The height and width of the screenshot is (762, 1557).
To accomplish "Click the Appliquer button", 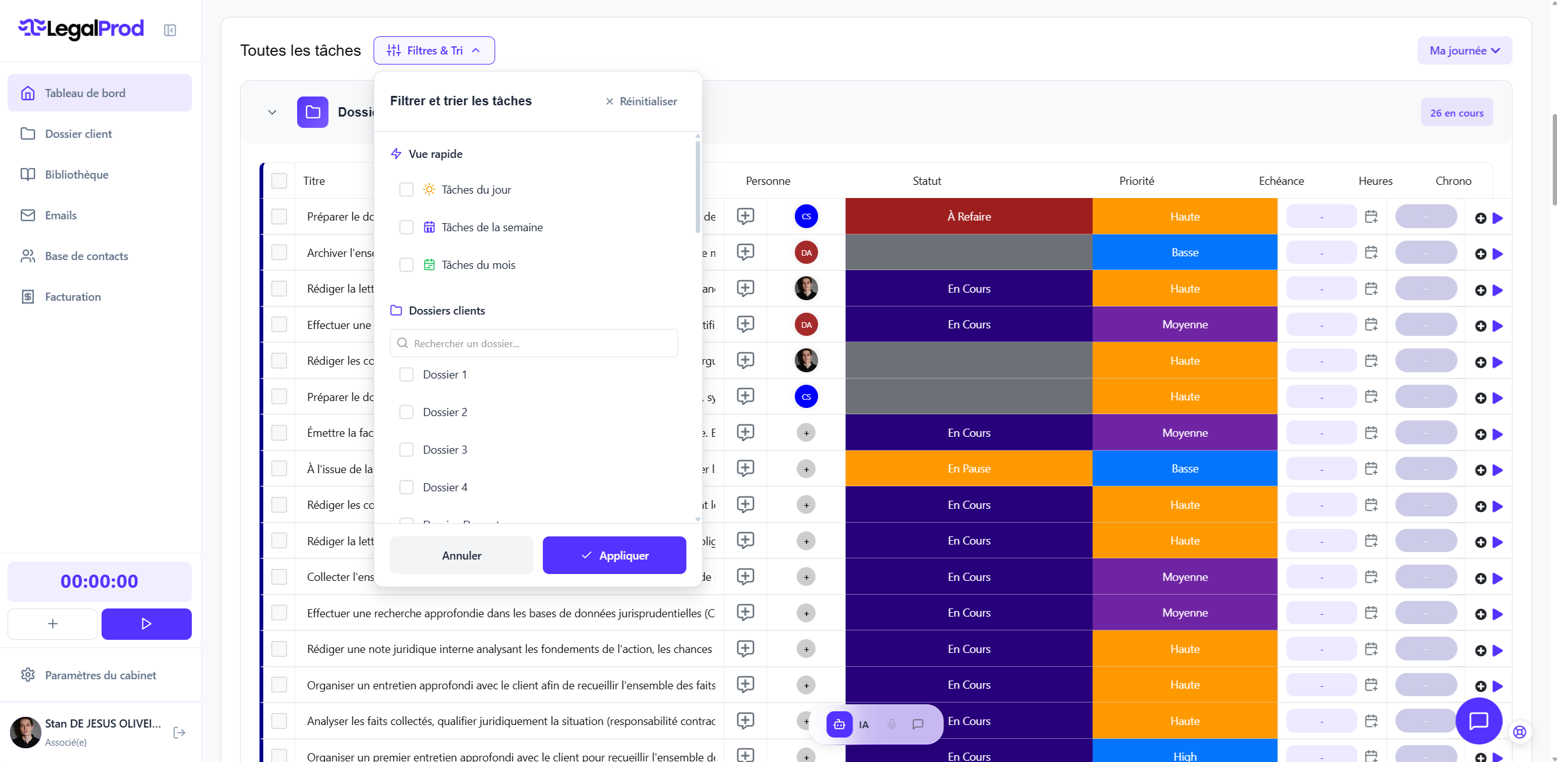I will coord(614,555).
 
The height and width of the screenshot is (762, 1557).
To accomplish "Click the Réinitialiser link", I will coord(641,102).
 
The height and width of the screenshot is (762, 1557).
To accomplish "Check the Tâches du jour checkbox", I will coord(406,190).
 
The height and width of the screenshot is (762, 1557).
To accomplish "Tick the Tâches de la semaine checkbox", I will coord(406,227).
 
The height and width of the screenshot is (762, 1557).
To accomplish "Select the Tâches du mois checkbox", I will coord(406,265).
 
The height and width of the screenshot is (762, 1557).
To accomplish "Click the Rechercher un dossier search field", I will coord(534,343).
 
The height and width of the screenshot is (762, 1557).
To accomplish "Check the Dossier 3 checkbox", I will coord(406,450).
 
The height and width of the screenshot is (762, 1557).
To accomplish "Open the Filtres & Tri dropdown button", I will coord(434,51).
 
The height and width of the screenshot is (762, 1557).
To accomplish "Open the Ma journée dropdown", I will coord(1464,51).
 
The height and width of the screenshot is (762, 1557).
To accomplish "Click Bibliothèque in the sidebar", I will coord(76,175).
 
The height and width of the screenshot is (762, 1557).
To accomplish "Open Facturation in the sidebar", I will coord(73,297).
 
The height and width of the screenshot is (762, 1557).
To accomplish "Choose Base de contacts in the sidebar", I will coord(86,256).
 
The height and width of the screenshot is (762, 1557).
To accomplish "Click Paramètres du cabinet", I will coord(100,676).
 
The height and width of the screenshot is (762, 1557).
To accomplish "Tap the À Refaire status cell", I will coord(968,217).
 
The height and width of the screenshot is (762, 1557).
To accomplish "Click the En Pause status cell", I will coord(968,469).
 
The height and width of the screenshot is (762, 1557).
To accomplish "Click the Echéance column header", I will coord(1281,181).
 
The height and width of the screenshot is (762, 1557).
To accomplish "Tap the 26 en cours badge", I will coord(1457,113).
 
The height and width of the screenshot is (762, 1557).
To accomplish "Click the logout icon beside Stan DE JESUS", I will coord(179,733).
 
